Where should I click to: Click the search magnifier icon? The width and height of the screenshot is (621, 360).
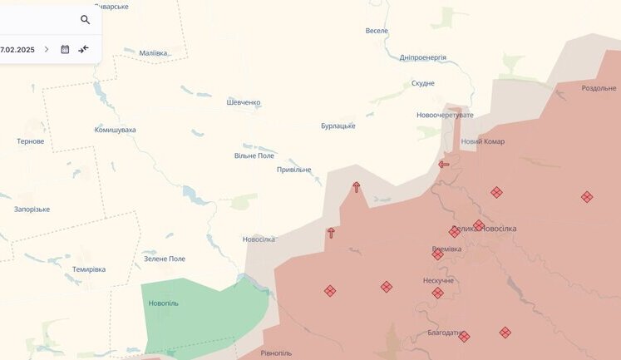point(85,19)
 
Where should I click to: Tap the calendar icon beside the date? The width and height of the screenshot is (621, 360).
point(65,49)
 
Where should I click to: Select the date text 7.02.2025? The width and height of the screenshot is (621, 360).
point(17,49)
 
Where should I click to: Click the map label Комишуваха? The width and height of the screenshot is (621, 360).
point(115,130)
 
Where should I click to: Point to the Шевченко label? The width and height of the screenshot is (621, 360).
point(244,102)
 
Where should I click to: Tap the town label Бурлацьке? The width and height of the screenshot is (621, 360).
point(338,126)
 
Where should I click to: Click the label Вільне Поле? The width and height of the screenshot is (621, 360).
point(254,155)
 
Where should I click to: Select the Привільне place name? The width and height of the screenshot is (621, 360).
point(293,170)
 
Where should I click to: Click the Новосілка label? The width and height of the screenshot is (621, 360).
point(259,239)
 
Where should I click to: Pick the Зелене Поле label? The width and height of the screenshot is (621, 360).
point(165,259)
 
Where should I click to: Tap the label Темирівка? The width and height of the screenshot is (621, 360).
point(89,269)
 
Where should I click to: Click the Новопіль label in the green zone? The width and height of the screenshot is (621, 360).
point(164,303)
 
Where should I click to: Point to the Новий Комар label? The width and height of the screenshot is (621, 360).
point(482,141)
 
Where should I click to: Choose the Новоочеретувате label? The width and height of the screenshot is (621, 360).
point(445,115)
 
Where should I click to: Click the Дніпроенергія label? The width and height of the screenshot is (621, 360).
point(422,57)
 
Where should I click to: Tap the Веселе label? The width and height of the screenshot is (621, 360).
point(377,31)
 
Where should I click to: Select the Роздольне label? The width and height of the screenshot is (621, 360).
point(599,88)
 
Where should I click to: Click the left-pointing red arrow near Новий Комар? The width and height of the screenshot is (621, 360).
point(444,164)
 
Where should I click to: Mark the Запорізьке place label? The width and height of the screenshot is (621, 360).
point(32,209)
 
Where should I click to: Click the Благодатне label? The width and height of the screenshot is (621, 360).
point(444,333)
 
